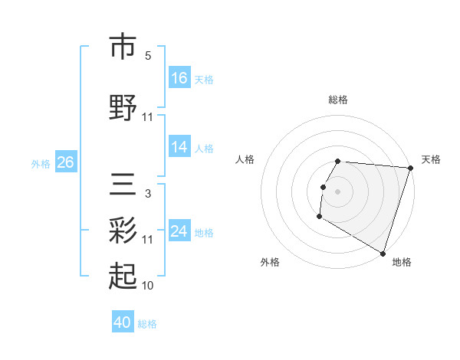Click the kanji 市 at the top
click(123, 47)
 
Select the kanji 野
click(123, 109)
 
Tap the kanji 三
click(123, 185)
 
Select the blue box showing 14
click(179, 147)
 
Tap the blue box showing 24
click(179, 231)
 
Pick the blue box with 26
click(65, 162)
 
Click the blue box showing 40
click(123, 322)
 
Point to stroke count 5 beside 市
click(148, 55)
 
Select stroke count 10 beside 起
click(148, 286)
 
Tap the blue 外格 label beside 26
click(41, 163)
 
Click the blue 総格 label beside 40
click(147, 324)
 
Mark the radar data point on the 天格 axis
click(410, 169)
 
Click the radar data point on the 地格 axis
click(383, 253)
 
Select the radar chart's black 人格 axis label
click(245, 159)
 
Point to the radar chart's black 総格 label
click(338, 100)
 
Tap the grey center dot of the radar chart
click(337, 191)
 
